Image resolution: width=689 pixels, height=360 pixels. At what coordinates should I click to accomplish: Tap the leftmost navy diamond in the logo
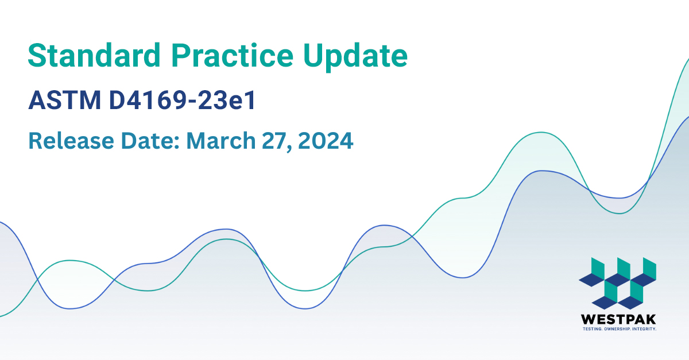[591, 280]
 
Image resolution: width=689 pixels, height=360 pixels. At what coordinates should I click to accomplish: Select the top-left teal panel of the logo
[598, 266]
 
